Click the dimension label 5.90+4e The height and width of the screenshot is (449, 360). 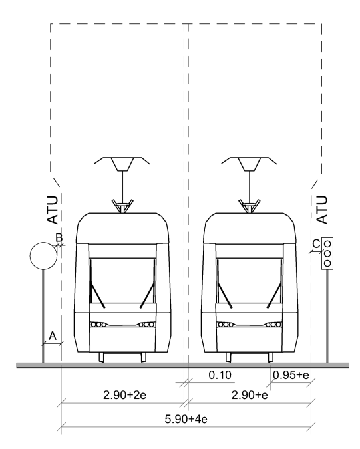(x=186, y=419)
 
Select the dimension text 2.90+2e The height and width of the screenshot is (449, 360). (x=125, y=395)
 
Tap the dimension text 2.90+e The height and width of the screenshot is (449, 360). (x=250, y=395)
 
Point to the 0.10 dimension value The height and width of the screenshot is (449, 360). (x=220, y=375)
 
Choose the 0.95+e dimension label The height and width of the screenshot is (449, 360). (x=291, y=375)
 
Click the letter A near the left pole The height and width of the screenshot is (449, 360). (x=53, y=336)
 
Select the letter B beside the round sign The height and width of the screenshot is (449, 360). (x=59, y=237)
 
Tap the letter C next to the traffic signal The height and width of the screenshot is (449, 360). (x=316, y=244)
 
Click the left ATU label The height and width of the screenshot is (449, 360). (x=53, y=210)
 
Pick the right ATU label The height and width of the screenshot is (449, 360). (x=322, y=210)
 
